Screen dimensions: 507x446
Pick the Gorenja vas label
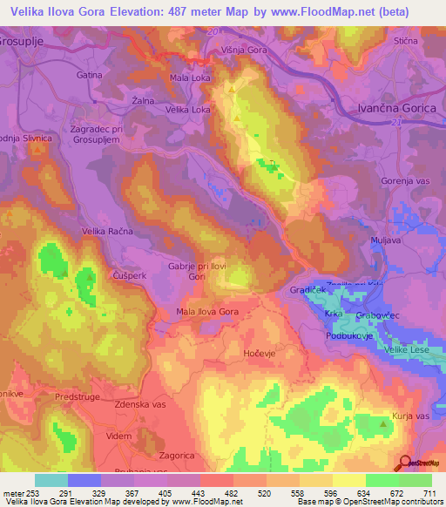(x=406, y=180)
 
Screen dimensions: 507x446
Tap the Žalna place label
(x=144, y=101)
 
